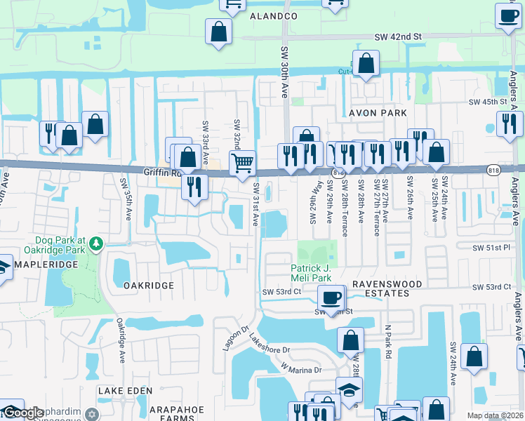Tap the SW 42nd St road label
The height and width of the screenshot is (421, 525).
(397, 36)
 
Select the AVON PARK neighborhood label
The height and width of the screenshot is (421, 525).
(378, 113)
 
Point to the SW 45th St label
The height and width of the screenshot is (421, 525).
(488, 102)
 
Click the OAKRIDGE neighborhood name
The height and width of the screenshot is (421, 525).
(148, 286)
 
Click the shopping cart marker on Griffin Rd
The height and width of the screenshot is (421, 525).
(242, 163)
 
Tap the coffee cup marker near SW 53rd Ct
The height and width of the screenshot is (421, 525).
(331, 297)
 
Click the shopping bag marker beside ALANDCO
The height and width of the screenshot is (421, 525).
(218, 32)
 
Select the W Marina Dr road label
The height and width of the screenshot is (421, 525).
(300, 368)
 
